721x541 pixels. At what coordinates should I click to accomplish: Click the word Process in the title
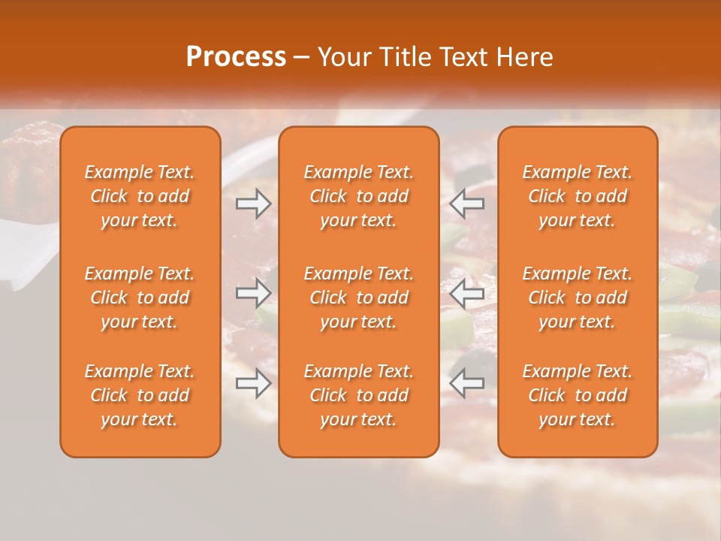pos(236,57)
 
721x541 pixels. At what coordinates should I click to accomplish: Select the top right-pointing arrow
pos(253,203)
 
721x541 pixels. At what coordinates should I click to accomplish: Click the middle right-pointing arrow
pos(253,293)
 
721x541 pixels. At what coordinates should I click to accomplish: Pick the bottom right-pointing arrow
pos(253,383)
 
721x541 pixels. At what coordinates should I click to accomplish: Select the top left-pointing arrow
pos(467,203)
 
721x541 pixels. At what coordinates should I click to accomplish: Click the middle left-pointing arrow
pos(467,293)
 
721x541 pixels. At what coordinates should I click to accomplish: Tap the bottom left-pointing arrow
pos(467,383)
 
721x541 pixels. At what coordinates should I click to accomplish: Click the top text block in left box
pos(140,196)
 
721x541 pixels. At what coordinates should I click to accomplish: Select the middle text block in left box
pos(140,298)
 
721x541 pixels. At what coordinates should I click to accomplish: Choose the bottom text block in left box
pos(140,395)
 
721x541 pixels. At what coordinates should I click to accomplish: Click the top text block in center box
pos(359,196)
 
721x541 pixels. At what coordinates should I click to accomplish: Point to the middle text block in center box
pos(359,298)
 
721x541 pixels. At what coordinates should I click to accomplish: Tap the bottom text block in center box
pos(359,395)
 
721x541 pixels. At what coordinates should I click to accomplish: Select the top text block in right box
pos(578,196)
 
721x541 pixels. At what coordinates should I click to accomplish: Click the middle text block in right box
pos(578,298)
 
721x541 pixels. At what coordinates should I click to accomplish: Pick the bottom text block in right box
pos(578,395)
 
